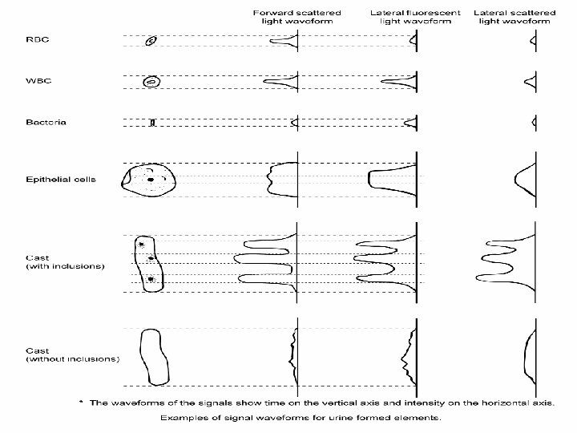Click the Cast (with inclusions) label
coord(64,261)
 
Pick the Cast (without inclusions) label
coord(71,354)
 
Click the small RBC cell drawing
coord(151,41)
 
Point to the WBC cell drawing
coord(151,81)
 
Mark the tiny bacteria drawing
coord(151,123)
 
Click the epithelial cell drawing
coord(147,180)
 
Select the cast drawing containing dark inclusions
coord(149,262)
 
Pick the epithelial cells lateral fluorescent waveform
coord(390,179)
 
